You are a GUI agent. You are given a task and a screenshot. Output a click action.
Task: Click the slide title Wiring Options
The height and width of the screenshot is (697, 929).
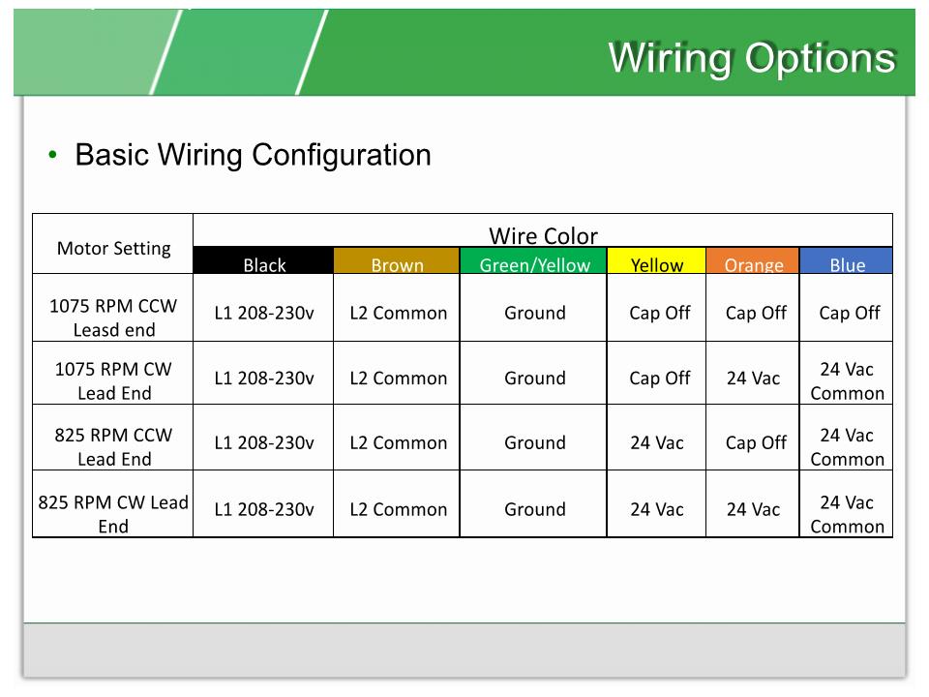751,58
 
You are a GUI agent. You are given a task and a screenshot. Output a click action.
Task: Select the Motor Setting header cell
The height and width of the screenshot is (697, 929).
113,248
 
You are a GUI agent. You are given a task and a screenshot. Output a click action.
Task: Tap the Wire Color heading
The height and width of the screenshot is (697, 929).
543,235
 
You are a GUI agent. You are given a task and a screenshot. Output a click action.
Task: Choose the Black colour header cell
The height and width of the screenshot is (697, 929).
264,262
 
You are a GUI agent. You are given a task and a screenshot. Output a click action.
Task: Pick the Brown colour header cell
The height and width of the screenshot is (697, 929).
397,262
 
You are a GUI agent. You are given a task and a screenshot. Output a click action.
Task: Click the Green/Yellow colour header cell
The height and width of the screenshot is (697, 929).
534,262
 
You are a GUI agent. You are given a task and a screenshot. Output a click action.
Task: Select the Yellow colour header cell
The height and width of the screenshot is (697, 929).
657,262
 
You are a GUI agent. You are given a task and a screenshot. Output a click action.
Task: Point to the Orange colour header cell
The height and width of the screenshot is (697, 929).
753,262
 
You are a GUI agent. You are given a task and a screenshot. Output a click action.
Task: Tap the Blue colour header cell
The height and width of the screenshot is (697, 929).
847,262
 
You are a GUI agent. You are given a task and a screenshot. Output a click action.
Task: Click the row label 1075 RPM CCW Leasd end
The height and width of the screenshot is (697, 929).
113,318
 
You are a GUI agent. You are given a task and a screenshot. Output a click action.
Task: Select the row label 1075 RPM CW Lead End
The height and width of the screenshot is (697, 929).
113,380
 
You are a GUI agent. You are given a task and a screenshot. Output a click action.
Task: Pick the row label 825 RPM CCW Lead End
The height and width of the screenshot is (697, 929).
113,446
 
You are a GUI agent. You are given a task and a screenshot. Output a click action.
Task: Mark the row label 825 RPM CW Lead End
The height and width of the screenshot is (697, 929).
113,514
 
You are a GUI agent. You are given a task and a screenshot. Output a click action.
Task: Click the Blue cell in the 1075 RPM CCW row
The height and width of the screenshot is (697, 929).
849,313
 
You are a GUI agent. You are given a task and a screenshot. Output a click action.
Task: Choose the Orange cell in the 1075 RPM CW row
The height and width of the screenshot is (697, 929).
753,379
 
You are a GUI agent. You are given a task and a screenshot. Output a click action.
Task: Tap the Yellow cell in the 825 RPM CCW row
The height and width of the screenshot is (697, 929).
657,443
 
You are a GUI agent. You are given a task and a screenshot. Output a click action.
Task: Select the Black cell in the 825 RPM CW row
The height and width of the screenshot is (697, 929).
264,509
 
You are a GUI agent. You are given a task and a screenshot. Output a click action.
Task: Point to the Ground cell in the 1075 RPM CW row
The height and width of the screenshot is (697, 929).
534,379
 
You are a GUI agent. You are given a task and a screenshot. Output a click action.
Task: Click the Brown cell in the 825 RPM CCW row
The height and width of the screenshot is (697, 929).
398,443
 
